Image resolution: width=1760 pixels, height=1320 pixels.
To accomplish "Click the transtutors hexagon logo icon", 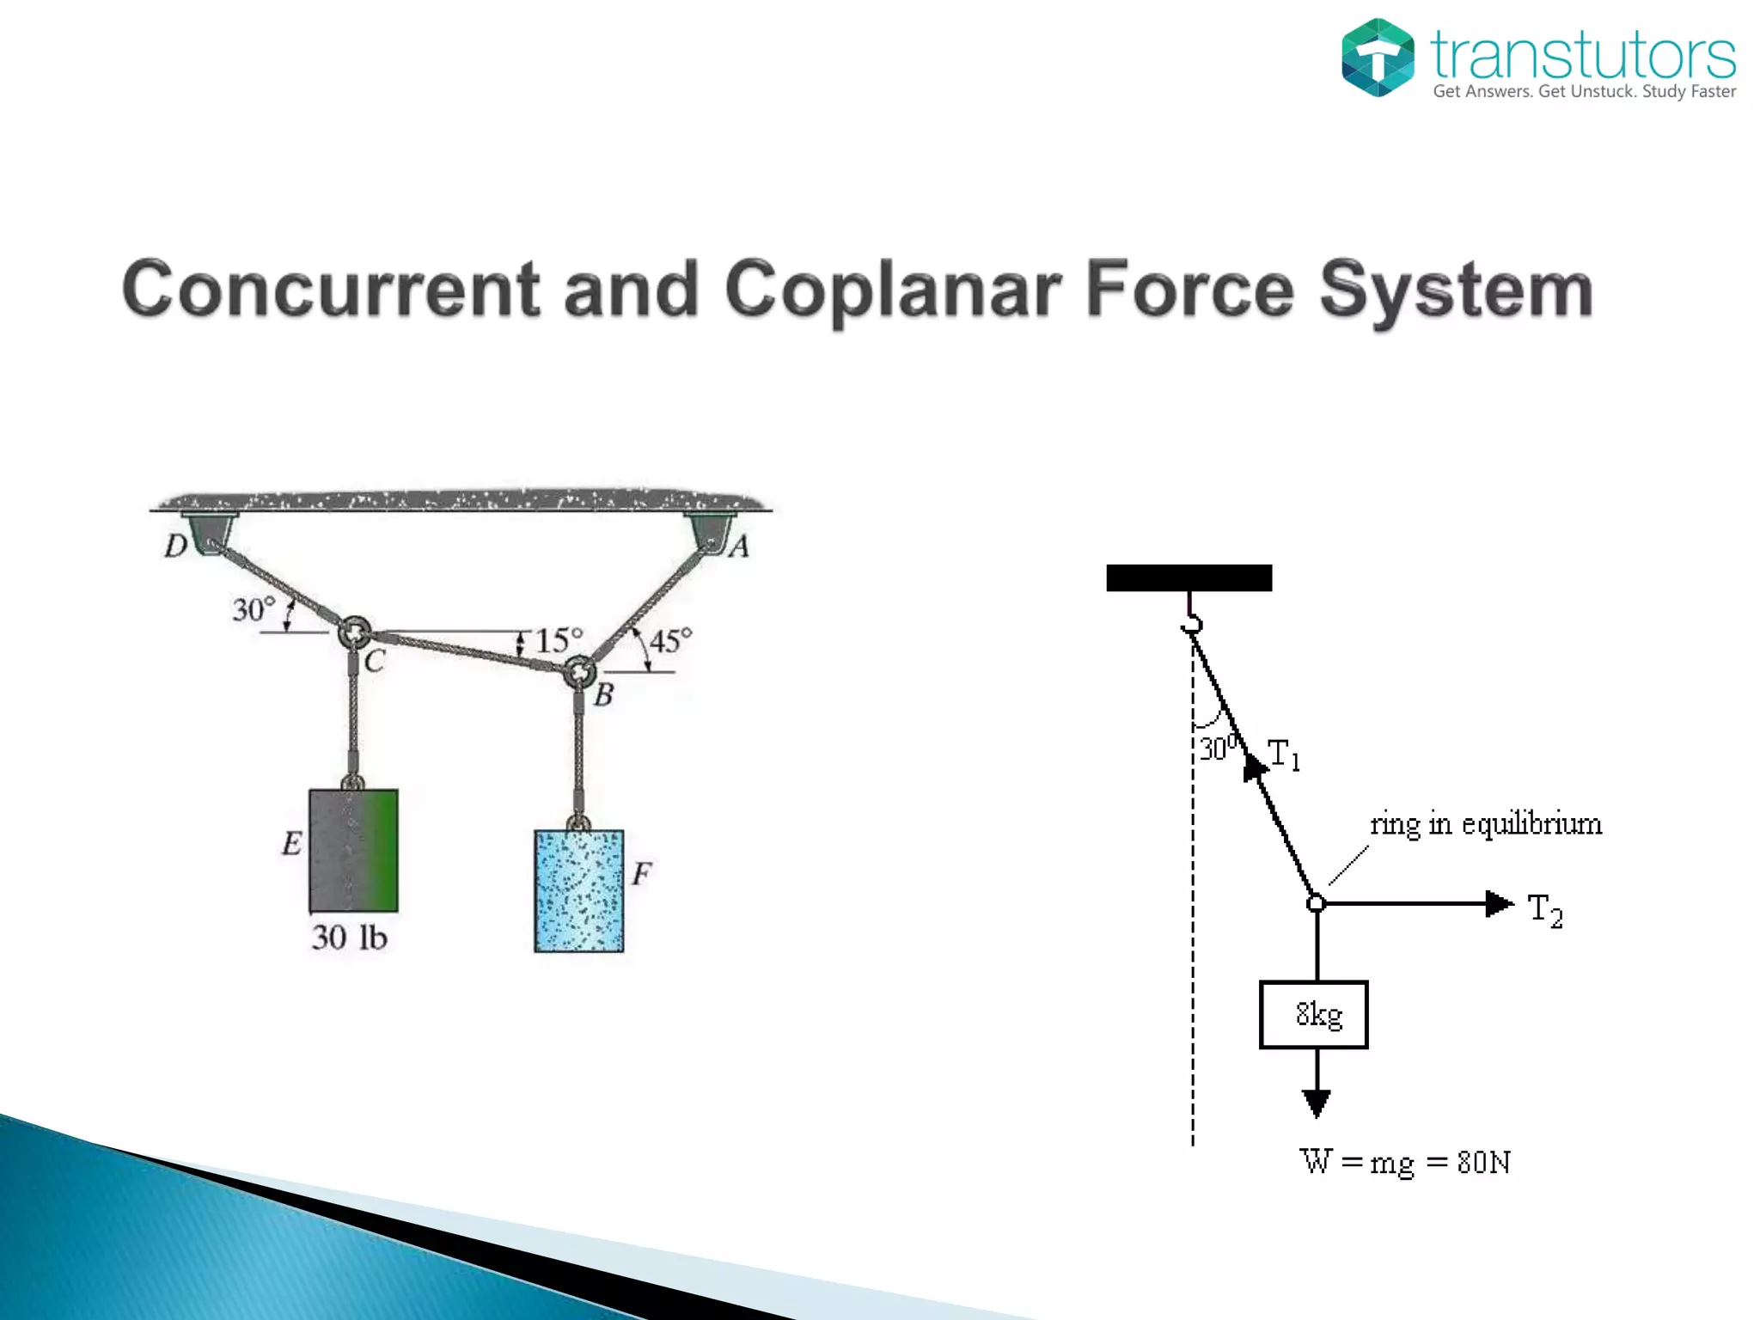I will tap(1377, 57).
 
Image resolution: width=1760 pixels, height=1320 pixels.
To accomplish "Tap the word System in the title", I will tap(1456, 290).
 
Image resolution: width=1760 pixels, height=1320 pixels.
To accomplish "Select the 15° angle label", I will tap(559, 640).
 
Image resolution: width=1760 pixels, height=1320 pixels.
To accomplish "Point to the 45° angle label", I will tap(670, 640).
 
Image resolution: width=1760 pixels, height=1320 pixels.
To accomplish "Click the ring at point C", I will tap(354, 632).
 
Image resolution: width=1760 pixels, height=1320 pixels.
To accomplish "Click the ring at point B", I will tap(580, 671).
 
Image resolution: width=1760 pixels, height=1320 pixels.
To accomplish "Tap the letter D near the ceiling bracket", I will tap(176, 546).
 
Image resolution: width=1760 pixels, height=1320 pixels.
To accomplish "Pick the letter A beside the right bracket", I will tap(739, 547).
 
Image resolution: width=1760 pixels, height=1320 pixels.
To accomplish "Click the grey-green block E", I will tap(353, 850).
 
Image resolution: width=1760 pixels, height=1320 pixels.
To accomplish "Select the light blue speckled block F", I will tap(578, 890).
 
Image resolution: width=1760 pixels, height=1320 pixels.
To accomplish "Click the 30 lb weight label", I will tap(349, 937).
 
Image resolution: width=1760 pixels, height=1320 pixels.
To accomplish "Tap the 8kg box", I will tap(1313, 1014).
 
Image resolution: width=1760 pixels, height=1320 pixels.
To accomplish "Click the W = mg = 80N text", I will tap(1405, 1162).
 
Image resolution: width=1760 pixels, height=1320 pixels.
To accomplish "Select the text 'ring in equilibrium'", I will tap(1486, 823).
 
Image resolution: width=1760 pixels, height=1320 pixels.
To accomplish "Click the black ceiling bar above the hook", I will tap(1189, 577).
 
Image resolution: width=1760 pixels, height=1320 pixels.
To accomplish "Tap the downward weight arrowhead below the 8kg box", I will tap(1316, 1102).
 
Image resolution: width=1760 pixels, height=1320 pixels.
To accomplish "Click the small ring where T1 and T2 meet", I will tap(1316, 903).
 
